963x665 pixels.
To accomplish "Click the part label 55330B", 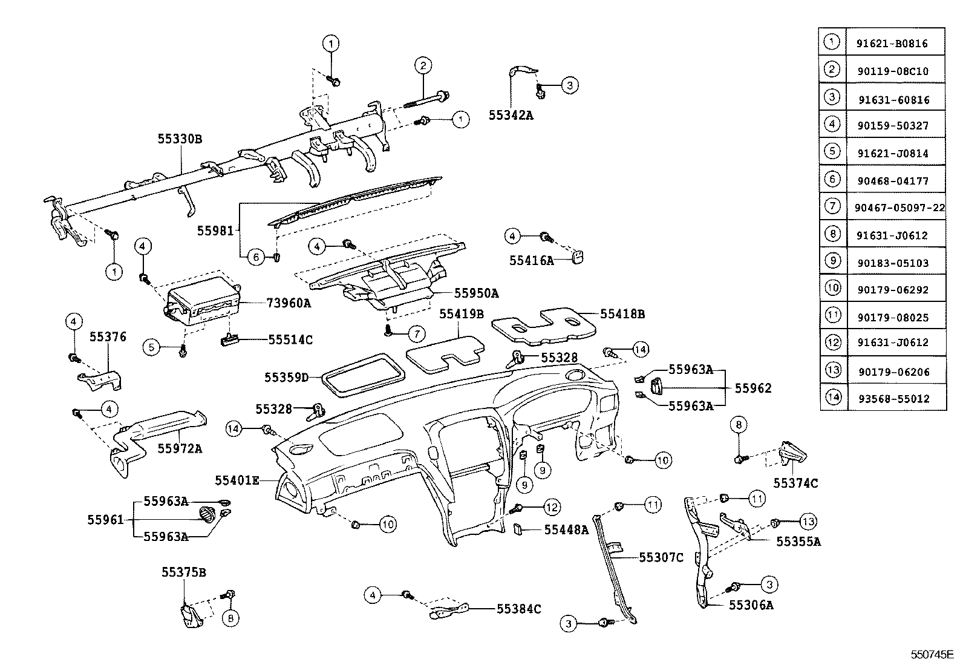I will [x=180, y=139].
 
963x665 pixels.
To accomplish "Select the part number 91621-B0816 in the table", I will [x=892, y=44].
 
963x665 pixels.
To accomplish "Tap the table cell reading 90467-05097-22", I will [x=899, y=208].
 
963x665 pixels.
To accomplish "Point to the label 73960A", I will [x=289, y=303].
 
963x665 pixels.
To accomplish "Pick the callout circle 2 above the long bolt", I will [x=423, y=66].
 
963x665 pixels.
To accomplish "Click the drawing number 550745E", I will [x=933, y=655].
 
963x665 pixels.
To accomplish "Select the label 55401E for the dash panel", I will [x=237, y=480].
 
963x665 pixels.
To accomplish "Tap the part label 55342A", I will [x=511, y=115].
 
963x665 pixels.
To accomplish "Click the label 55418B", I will [x=622, y=314].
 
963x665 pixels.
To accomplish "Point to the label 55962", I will [x=753, y=388].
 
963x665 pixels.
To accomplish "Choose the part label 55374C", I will [x=795, y=483].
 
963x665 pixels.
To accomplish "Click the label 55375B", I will [x=184, y=572].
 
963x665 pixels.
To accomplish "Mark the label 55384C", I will [x=519, y=609].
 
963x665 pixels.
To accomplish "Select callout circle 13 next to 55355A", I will [x=808, y=521].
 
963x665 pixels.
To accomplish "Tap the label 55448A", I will [x=566, y=530].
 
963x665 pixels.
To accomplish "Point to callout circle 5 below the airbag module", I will [x=152, y=347].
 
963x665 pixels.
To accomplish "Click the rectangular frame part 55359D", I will [x=361, y=375].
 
